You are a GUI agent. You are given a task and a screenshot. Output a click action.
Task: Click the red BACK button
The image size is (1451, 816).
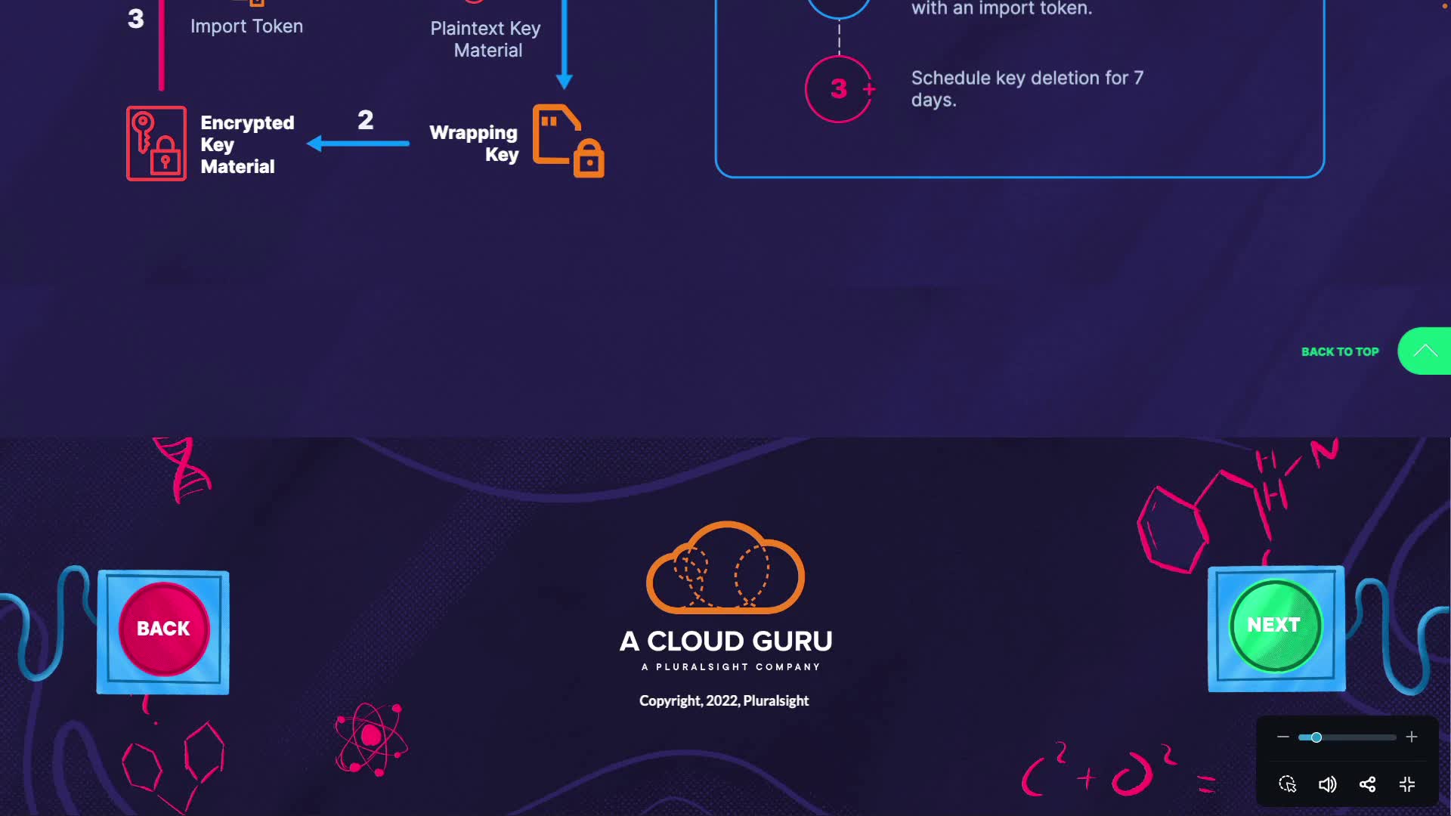(163, 629)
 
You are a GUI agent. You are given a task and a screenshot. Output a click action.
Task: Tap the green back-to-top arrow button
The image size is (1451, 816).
(1425, 351)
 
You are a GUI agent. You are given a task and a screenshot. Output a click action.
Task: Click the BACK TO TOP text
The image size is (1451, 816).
(1340, 351)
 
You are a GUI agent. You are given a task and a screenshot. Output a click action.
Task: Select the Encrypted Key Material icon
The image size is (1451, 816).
(156, 144)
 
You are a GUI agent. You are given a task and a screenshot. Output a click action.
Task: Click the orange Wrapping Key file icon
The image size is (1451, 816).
(568, 141)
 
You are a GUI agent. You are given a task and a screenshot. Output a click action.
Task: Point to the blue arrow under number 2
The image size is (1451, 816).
(358, 143)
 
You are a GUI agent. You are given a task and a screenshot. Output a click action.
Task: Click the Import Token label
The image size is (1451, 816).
(246, 26)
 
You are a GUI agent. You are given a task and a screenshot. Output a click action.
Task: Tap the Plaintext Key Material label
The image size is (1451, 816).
(486, 39)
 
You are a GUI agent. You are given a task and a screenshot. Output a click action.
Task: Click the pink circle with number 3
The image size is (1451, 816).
(839, 89)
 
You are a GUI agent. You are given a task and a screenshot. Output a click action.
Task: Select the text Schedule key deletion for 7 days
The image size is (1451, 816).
(1027, 88)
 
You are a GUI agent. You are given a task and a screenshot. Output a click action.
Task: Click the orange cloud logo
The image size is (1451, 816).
(725, 568)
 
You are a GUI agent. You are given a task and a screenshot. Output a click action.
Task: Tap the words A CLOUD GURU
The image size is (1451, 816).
(725, 641)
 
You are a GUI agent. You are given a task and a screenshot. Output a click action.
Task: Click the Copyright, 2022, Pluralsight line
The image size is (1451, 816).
(724, 700)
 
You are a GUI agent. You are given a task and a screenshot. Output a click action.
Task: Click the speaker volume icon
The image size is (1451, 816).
(1327, 784)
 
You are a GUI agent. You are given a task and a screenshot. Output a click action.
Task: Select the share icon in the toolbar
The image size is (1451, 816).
(1367, 784)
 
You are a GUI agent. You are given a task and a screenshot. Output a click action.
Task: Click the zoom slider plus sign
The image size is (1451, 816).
(1411, 737)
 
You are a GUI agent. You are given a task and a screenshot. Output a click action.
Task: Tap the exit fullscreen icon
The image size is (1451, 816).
(1407, 784)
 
